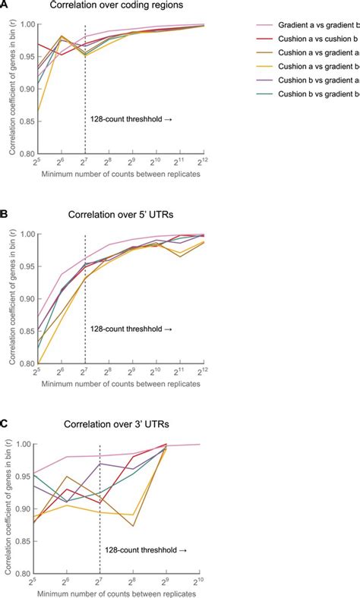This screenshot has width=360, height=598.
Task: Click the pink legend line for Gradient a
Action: click(x=259, y=25)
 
